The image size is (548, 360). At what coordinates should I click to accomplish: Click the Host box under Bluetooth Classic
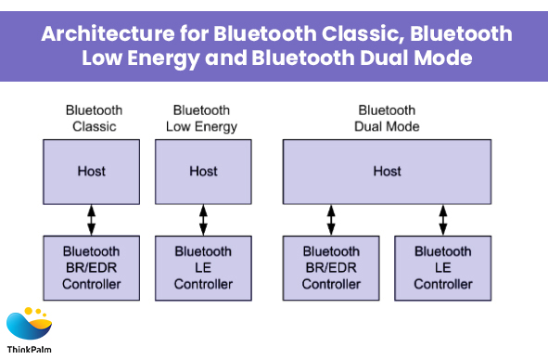pyautogui.click(x=91, y=172)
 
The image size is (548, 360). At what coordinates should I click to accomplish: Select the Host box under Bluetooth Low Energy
pyautogui.click(x=203, y=172)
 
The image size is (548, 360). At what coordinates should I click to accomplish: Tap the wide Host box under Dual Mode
pyautogui.click(x=387, y=172)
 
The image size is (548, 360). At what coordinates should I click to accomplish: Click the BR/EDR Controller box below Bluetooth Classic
pyautogui.click(x=91, y=268)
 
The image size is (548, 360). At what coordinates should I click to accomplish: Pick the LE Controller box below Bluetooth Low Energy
pyautogui.click(x=203, y=268)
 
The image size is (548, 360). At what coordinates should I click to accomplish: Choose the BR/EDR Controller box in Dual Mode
pyautogui.click(x=331, y=268)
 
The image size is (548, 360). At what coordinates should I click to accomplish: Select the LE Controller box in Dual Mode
pyautogui.click(x=443, y=268)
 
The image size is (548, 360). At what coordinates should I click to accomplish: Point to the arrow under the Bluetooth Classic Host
pyautogui.click(x=91, y=220)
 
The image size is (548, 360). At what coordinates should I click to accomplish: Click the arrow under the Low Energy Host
pyautogui.click(x=203, y=220)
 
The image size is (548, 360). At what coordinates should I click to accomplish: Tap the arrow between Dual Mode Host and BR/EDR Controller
pyautogui.click(x=331, y=220)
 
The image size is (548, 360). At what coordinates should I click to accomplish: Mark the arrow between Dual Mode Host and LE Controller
pyautogui.click(x=443, y=220)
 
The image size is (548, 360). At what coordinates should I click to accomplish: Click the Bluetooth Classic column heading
pyautogui.click(x=94, y=118)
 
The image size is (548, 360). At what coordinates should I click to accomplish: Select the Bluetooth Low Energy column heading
pyautogui.click(x=201, y=119)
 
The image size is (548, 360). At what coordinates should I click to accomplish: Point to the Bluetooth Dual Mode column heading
pyautogui.click(x=387, y=118)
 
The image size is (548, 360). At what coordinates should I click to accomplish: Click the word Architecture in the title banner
pyautogui.click(x=108, y=34)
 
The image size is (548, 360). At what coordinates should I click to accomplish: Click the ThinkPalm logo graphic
pyautogui.click(x=29, y=324)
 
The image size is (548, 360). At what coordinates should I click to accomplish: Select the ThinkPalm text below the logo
pyautogui.click(x=29, y=350)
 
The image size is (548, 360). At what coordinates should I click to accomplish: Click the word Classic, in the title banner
pyautogui.click(x=363, y=34)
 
